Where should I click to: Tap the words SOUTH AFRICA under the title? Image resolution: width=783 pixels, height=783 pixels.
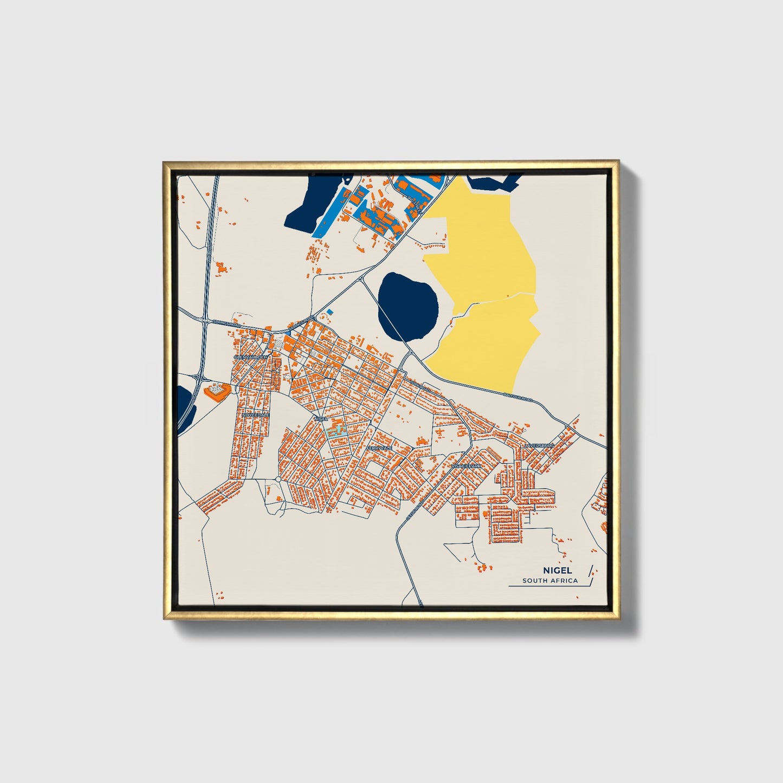(x=550, y=581)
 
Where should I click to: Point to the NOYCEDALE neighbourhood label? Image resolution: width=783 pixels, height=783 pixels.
(x=256, y=415)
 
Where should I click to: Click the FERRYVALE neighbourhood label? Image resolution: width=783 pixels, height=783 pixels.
(x=379, y=449)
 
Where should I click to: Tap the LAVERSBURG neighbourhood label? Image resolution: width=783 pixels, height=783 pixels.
(x=539, y=445)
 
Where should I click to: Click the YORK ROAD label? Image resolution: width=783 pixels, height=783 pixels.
(x=419, y=388)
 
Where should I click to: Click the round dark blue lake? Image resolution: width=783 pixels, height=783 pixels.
(x=407, y=307)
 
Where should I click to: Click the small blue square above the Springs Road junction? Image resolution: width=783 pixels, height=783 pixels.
(x=329, y=312)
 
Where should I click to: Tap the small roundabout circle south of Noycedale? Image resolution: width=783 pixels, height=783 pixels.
(x=278, y=480)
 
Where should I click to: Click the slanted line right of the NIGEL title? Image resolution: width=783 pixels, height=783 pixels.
(x=590, y=574)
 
